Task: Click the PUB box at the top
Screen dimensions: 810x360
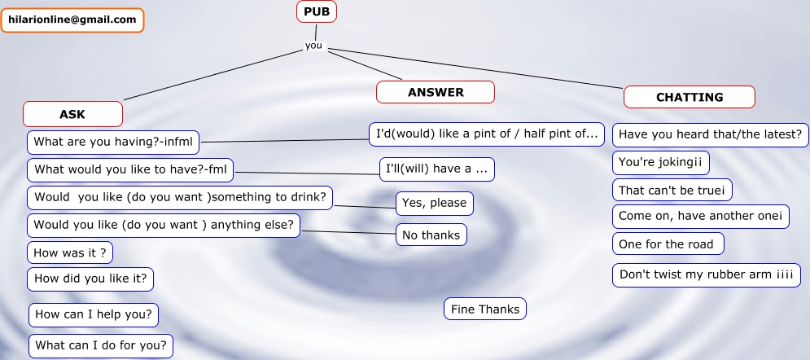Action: click(x=317, y=12)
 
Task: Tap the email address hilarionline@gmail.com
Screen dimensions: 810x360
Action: click(x=72, y=20)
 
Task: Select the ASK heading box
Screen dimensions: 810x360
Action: click(x=72, y=114)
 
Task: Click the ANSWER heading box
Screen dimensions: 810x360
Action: click(x=436, y=93)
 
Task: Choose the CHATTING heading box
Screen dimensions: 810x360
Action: click(x=690, y=97)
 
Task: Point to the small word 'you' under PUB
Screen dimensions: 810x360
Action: click(x=313, y=46)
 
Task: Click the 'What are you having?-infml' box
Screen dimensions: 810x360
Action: click(x=113, y=142)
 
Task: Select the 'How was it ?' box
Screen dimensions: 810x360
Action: click(x=70, y=252)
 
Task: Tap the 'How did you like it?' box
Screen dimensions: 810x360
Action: click(x=90, y=279)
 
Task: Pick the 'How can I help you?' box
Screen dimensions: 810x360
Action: click(x=94, y=314)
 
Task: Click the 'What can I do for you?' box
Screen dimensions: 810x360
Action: click(x=101, y=345)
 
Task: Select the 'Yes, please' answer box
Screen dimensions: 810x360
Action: click(x=435, y=203)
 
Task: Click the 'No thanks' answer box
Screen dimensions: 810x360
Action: click(x=431, y=235)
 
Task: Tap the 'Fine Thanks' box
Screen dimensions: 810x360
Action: click(x=485, y=309)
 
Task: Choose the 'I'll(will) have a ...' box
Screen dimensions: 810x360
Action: click(x=437, y=169)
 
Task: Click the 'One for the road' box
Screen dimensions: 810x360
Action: click(x=668, y=244)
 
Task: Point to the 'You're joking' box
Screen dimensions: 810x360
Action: click(x=661, y=163)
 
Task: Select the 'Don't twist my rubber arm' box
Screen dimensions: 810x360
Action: click(x=707, y=274)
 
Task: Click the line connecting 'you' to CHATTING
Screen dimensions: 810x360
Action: click(x=475, y=68)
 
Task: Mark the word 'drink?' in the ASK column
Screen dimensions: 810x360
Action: click(x=309, y=197)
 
